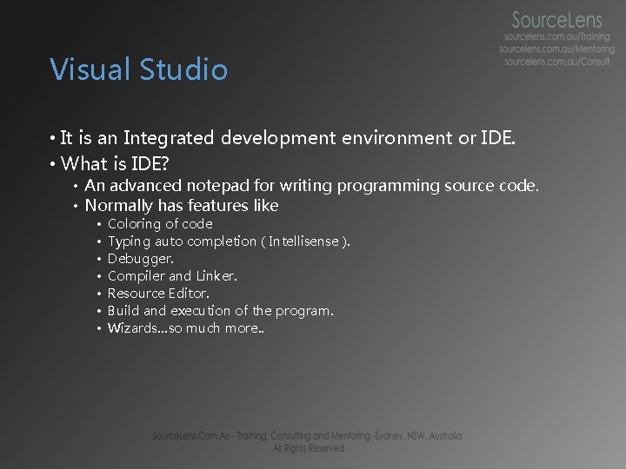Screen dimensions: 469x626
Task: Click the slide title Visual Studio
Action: tap(139, 69)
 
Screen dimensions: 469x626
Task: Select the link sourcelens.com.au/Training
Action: tap(557, 37)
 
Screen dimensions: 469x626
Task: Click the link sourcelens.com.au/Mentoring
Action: tap(557, 50)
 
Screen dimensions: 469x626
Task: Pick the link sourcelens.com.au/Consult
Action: tap(557, 62)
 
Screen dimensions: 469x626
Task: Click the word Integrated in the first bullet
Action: tap(170, 138)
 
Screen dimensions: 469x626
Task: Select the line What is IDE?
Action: tap(115, 163)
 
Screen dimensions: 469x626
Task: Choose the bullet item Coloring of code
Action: tap(159, 224)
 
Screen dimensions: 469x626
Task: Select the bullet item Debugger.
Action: tap(140, 259)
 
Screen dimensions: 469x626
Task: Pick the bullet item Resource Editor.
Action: tap(158, 294)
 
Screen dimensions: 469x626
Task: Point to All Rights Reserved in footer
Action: tap(309, 448)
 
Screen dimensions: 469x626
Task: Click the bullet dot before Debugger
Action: tap(100, 259)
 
